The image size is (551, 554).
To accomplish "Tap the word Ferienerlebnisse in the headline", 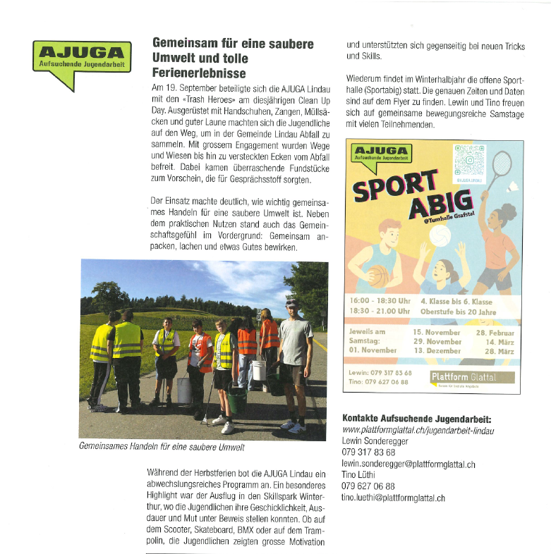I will [x=199, y=73].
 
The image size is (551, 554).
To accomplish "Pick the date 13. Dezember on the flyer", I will [x=437, y=351].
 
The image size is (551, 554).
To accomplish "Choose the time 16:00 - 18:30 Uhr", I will [x=380, y=301].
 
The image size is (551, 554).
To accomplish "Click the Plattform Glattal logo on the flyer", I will [x=472, y=378].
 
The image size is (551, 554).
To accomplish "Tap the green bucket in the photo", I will [x=237, y=400].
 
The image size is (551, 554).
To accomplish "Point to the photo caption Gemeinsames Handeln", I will [x=162, y=447].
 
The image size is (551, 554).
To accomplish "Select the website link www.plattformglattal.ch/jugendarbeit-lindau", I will [x=418, y=430].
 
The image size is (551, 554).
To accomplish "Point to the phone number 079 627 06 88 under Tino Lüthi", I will [x=368, y=486].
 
